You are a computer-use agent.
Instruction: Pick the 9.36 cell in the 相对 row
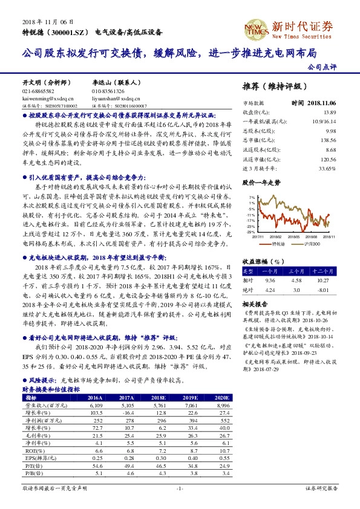pos(270,280)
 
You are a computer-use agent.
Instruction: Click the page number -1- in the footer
pos(180,488)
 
